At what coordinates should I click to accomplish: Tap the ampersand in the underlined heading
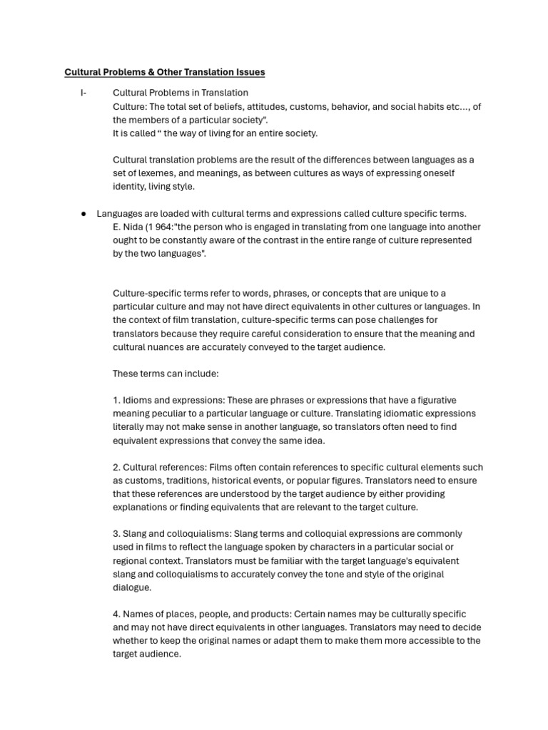[146, 72]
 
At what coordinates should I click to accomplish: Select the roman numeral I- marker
[83, 93]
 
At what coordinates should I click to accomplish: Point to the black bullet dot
[83, 213]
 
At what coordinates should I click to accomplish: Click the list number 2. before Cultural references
[117, 467]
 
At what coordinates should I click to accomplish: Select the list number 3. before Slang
[117, 533]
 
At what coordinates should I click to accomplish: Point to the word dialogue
[131, 587]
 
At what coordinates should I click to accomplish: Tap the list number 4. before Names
[117, 614]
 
